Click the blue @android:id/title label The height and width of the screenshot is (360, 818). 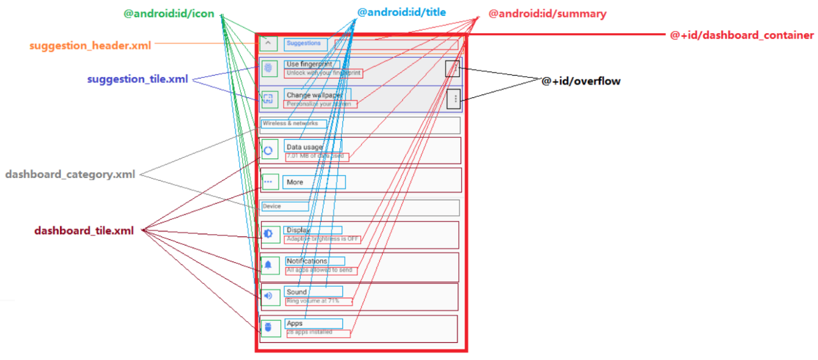pos(402,13)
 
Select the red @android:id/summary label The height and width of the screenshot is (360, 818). pos(547,14)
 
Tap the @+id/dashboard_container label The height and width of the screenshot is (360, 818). pos(741,35)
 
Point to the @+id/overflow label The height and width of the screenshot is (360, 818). pos(581,81)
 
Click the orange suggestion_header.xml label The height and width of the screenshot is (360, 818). pos(90,45)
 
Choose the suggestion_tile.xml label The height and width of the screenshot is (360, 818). pos(137,80)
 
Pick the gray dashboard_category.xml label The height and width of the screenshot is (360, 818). pos(70,175)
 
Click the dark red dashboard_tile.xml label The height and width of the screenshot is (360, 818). pos(84,231)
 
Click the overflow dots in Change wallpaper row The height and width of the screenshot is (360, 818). pos(455,98)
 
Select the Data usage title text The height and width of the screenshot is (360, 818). pos(305,147)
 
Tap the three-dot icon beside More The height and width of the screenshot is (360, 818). pos(268,182)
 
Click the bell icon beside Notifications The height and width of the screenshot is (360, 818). pos(268,265)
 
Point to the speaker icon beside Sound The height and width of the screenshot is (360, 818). pos(268,296)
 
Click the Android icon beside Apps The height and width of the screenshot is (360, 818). pos(268,327)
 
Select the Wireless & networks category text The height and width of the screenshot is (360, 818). pos(290,124)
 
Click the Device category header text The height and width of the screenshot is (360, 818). pos(272,206)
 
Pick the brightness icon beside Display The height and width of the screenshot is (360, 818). pos(268,234)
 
